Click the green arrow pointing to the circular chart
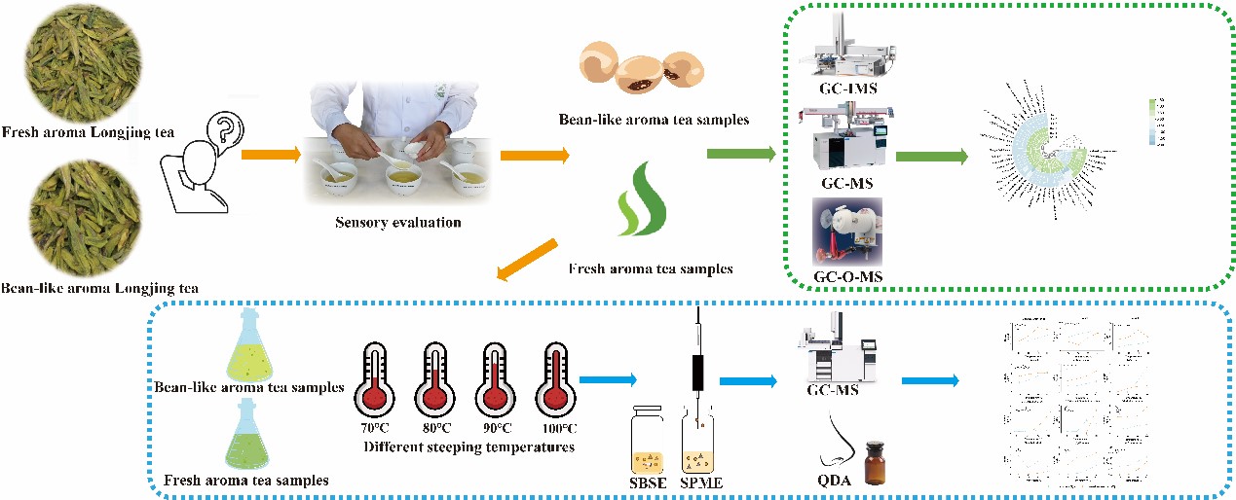[931, 156]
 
